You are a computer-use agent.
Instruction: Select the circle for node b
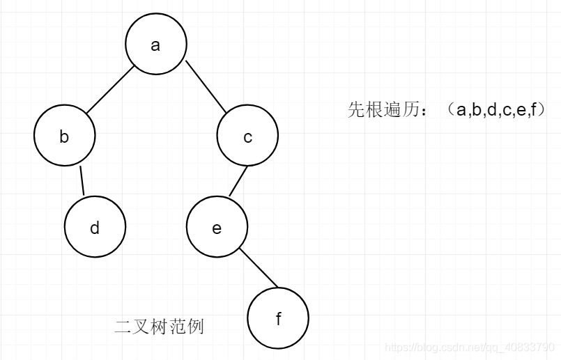pos(64,136)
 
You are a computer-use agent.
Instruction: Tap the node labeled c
pos(247,136)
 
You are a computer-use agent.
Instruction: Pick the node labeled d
pos(95,227)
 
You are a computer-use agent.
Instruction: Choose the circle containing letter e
pos(217,227)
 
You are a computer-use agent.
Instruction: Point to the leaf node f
pos(278,318)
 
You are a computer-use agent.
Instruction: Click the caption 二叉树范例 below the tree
pos(159,327)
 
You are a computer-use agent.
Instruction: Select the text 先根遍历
pos(373,109)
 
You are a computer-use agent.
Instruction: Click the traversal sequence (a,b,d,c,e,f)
pos(497,109)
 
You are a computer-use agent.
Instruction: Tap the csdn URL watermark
pos(470,347)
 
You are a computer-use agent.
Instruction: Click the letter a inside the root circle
pos(155,45)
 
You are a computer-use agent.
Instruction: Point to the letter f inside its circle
pos(278,319)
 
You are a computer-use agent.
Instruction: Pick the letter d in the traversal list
pos(491,109)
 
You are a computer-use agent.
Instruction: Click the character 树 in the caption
pos(160,327)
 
